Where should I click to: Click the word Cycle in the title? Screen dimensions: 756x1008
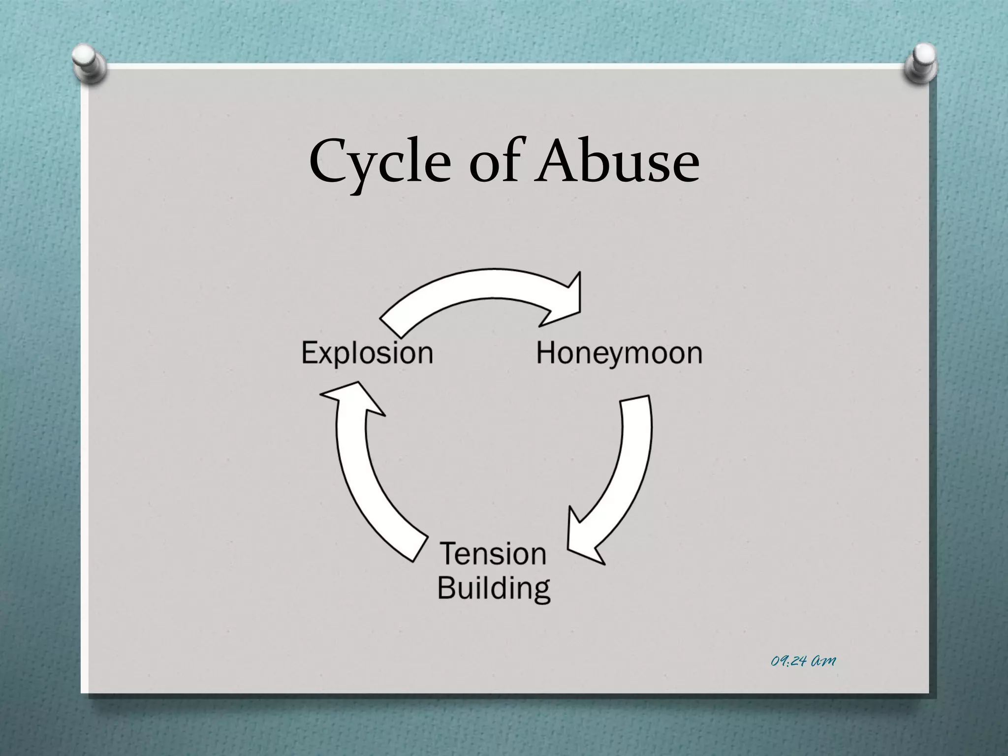click(x=379, y=160)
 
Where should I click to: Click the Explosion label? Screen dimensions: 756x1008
click(x=367, y=353)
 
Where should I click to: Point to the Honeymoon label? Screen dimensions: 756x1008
click(x=619, y=353)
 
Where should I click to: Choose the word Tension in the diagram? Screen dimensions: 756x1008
click(x=493, y=554)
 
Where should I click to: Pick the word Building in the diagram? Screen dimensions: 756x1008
click(x=494, y=588)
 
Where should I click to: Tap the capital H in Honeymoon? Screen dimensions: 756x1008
click(x=546, y=353)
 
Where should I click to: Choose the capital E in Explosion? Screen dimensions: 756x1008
click(x=311, y=353)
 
